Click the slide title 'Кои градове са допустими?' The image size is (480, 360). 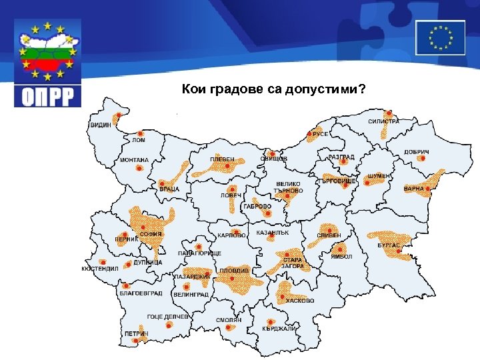coord(273,89)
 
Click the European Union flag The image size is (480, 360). coord(440,37)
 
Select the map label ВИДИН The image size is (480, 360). coord(101,125)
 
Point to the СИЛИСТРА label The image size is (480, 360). coord(383,121)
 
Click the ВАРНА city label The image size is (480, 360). coord(413,189)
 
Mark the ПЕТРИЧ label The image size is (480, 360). coord(135,333)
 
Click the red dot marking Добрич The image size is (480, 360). coord(422,159)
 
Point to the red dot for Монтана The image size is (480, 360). coord(139,169)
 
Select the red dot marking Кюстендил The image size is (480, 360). coord(102,262)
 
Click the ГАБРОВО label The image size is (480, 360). coord(257,207)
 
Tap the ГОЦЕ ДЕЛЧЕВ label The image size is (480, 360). coord(169,317)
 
